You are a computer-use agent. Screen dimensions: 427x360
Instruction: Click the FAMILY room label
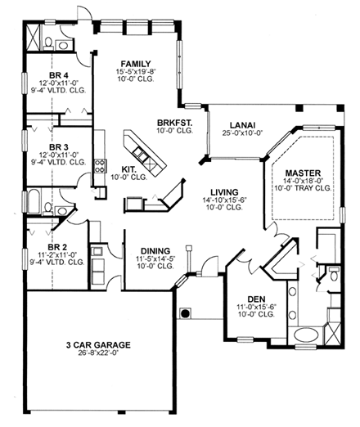[x=135, y=63]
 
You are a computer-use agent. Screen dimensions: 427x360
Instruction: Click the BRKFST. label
[x=173, y=123]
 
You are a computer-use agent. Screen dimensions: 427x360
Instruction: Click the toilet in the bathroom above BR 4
[x=50, y=40]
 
